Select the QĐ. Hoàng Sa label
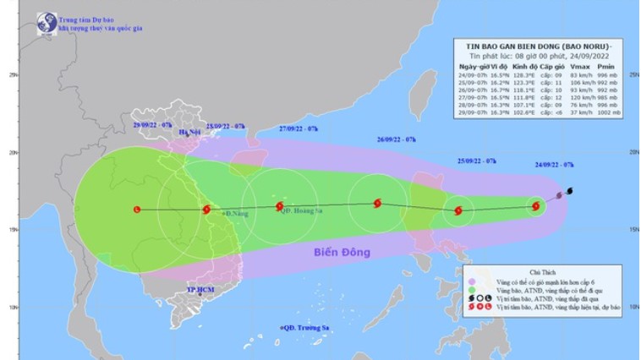[x=303, y=212]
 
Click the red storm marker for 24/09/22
[x=536, y=205]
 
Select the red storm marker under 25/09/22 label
[x=458, y=211]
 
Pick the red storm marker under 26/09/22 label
[x=377, y=203]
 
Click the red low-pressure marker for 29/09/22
[x=136, y=210]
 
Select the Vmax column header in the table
[x=579, y=66]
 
